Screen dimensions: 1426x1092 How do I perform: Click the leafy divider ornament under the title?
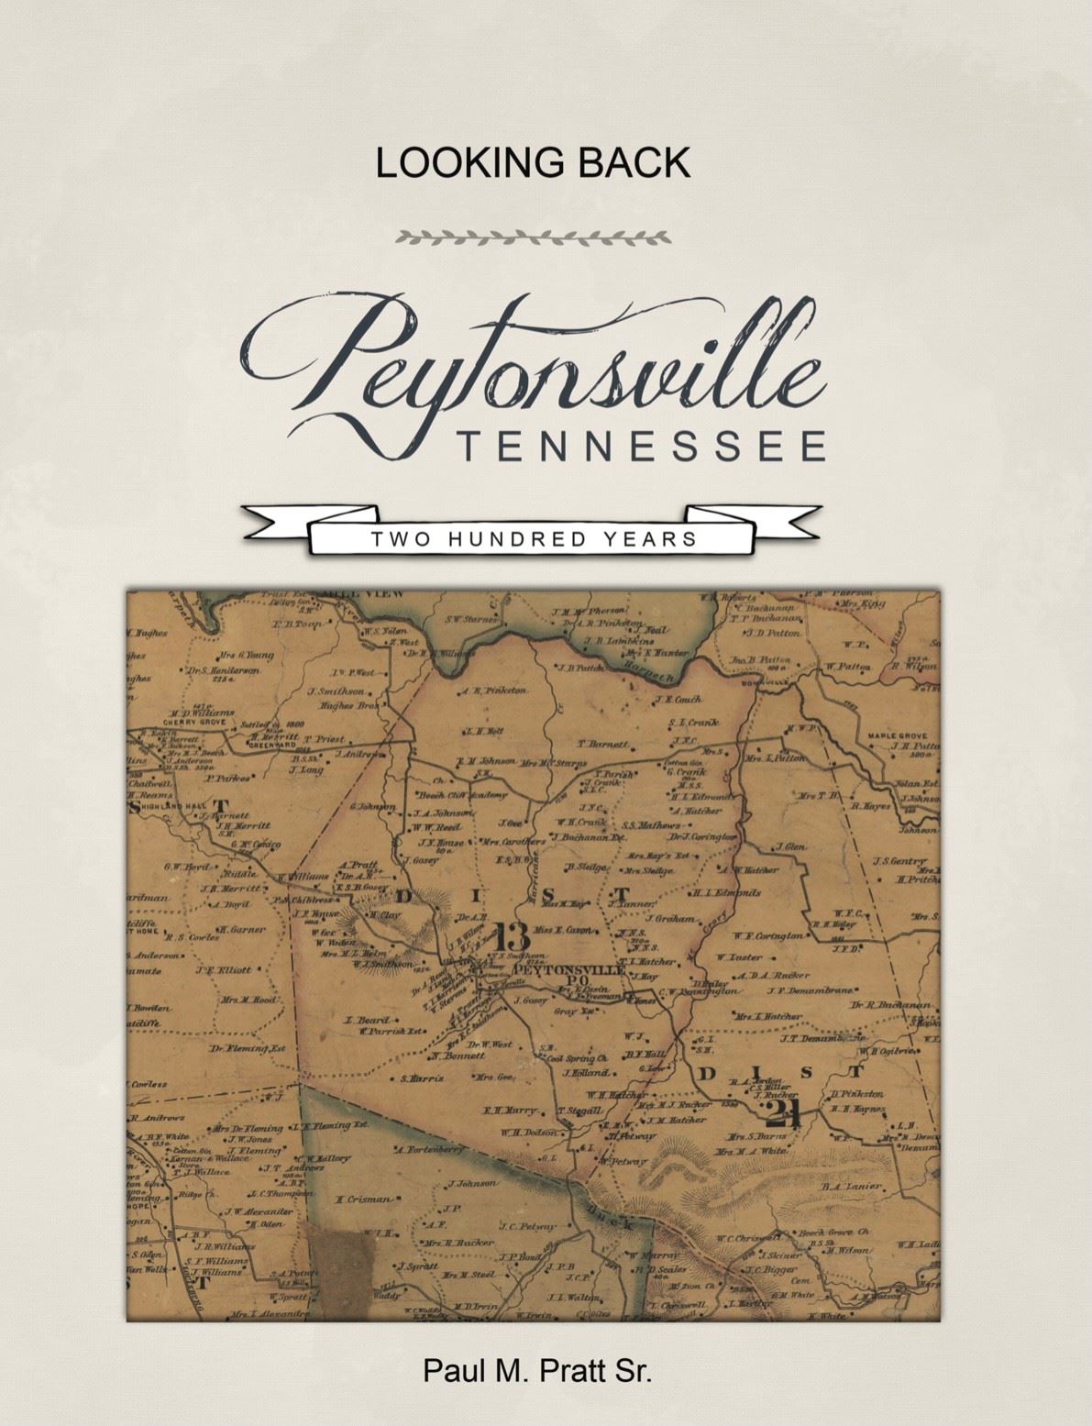534,238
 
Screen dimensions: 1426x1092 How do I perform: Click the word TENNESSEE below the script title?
642,447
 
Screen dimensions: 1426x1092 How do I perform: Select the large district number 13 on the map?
511,936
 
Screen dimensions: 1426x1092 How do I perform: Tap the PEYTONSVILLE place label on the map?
568,969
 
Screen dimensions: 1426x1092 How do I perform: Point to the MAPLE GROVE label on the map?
897,735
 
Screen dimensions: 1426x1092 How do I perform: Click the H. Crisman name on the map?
364,1199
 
